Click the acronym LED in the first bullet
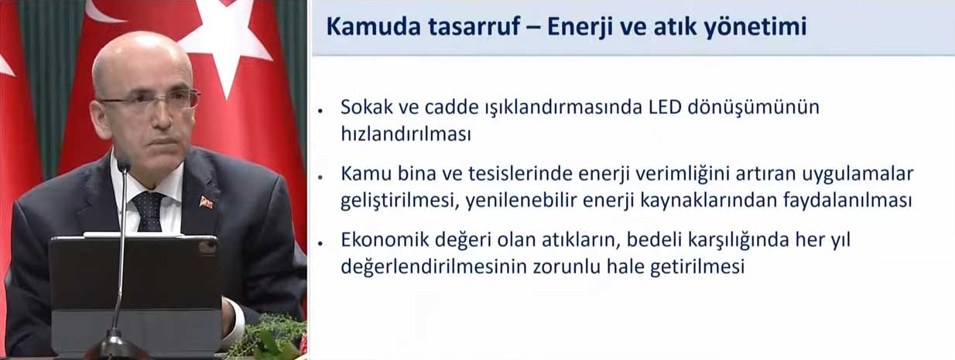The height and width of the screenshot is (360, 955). pyautogui.click(x=665, y=107)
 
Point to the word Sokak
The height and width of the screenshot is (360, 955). pyautogui.click(x=367, y=107)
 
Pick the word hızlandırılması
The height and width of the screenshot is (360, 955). pyautogui.click(x=406, y=134)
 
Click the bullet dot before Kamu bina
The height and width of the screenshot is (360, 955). pyautogui.click(x=320, y=177)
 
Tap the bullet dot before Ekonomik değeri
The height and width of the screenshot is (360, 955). pyautogui.click(x=320, y=243)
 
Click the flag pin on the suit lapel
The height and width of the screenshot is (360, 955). pyautogui.click(x=206, y=203)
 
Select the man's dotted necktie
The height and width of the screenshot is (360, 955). pyautogui.click(x=148, y=211)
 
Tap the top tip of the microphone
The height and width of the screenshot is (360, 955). pyautogui.click(x=124, y=162)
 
